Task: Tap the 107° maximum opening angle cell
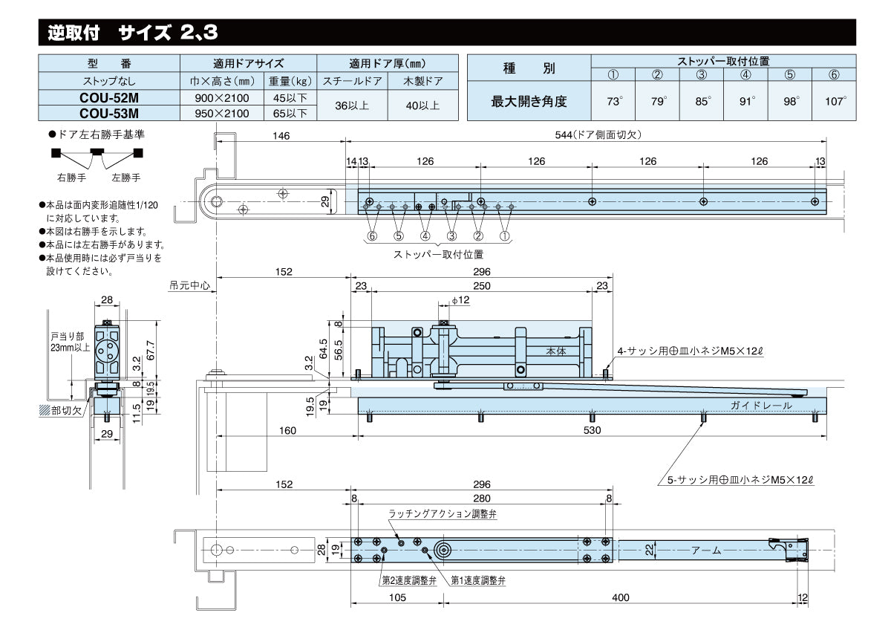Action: click(x=835, y=102)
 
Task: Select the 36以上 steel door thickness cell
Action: click(x=352, y=105)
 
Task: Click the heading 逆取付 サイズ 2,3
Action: click(x=133, y=33)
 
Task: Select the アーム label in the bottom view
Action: click(x=706, y=551)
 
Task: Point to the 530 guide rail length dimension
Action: click(x=592, y=430)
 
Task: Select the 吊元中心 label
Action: click(x=190, y=285)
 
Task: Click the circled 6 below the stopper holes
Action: click(x=372, y=236)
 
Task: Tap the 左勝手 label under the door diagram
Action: click(x=125, y=178)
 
